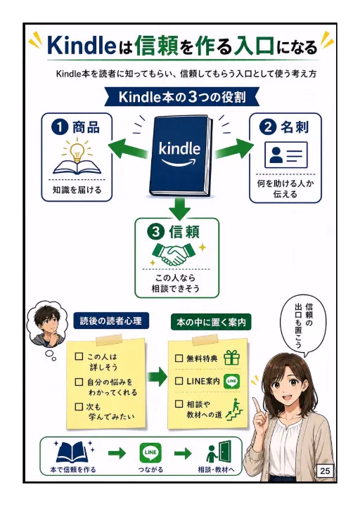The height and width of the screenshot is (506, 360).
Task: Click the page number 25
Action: [325, 471]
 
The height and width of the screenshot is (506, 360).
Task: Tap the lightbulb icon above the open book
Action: [77, 150]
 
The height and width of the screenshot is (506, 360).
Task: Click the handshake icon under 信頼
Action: [174, 254]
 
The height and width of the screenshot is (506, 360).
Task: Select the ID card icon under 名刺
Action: [285, 155]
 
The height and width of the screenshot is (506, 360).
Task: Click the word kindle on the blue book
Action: [179, 148]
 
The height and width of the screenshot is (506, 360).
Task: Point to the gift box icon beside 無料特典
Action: [231, 358]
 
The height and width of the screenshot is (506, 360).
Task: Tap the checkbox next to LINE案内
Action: [179, 381]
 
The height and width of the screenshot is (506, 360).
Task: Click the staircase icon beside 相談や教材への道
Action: [234, 409]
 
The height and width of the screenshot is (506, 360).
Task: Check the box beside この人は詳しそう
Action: [79, 356]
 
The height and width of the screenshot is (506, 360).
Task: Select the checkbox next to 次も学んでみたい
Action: [79, 406]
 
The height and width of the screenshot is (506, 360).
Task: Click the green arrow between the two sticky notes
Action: [157, 377]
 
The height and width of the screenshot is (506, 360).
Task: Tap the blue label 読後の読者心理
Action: [111, 321]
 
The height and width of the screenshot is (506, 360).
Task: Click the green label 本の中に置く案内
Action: [211, 322]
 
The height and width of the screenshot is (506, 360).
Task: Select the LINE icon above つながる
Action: [150, 453]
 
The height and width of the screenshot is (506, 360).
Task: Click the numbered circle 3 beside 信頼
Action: [155, 232]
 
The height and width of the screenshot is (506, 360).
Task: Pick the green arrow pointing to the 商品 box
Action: [128, 149]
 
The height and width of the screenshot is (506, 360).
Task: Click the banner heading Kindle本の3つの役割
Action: [182, 97]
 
